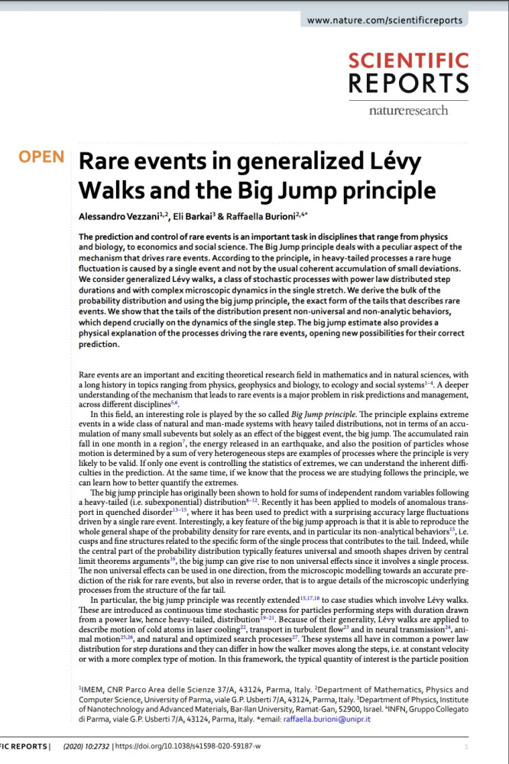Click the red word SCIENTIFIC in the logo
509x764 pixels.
tap(408, 61)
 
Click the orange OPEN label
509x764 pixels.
tap(42, 157)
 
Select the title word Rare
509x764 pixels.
tap(112, 162)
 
